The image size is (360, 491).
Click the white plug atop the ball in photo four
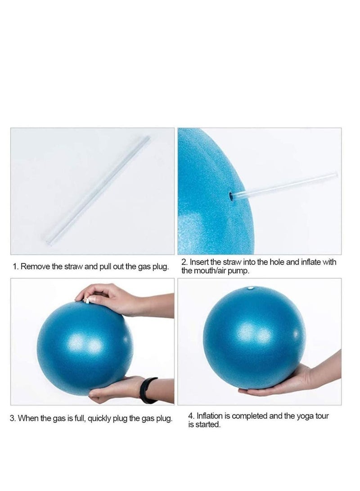click(251, 288)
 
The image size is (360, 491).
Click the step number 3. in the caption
click(13, 419)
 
